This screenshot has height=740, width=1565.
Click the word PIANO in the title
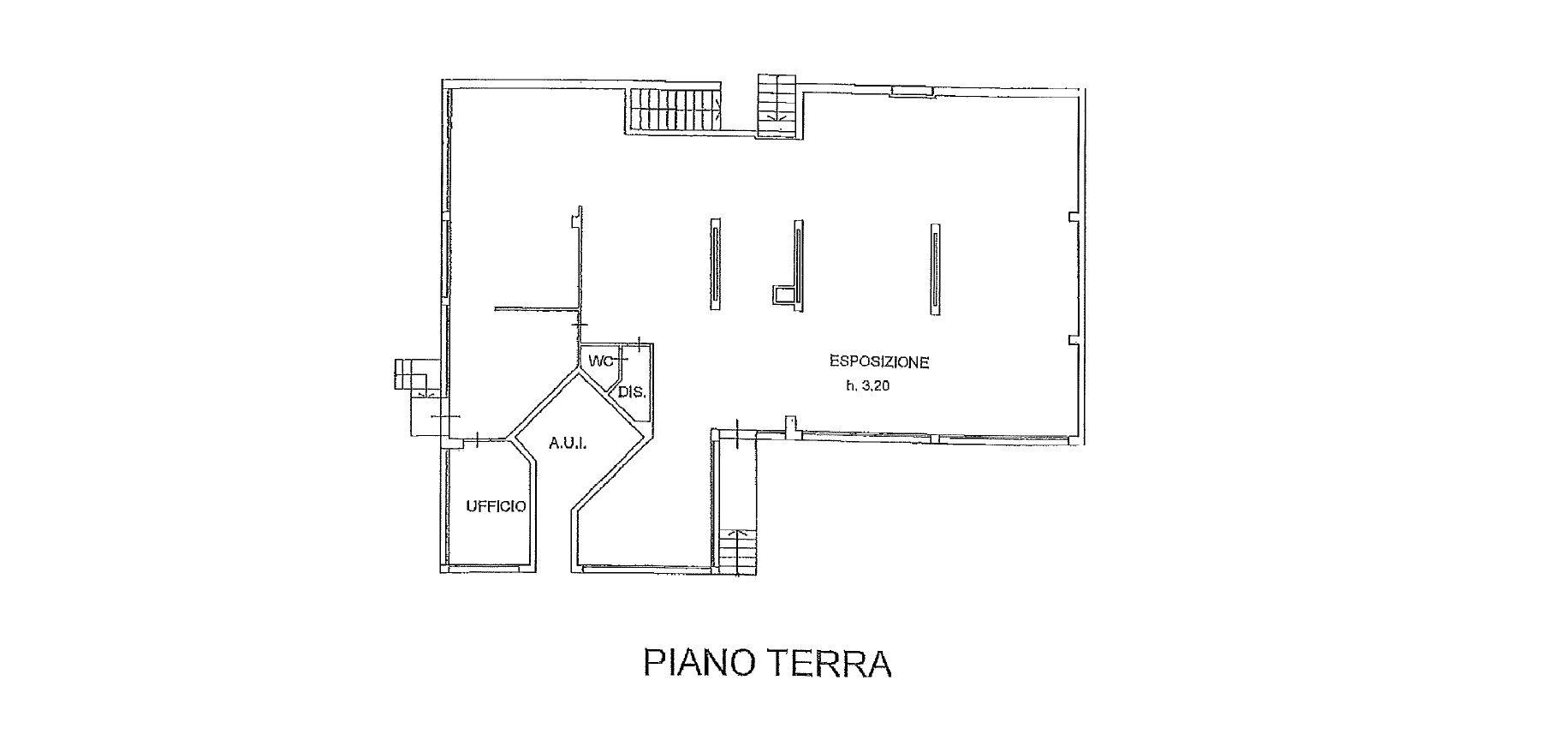coord(701,665)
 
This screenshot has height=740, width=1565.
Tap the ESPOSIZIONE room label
coord(878,361)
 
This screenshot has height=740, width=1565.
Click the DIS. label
coord(631,395)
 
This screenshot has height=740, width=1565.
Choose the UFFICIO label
coord(496,506)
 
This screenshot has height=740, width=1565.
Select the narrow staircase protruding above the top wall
coord(777,105)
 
